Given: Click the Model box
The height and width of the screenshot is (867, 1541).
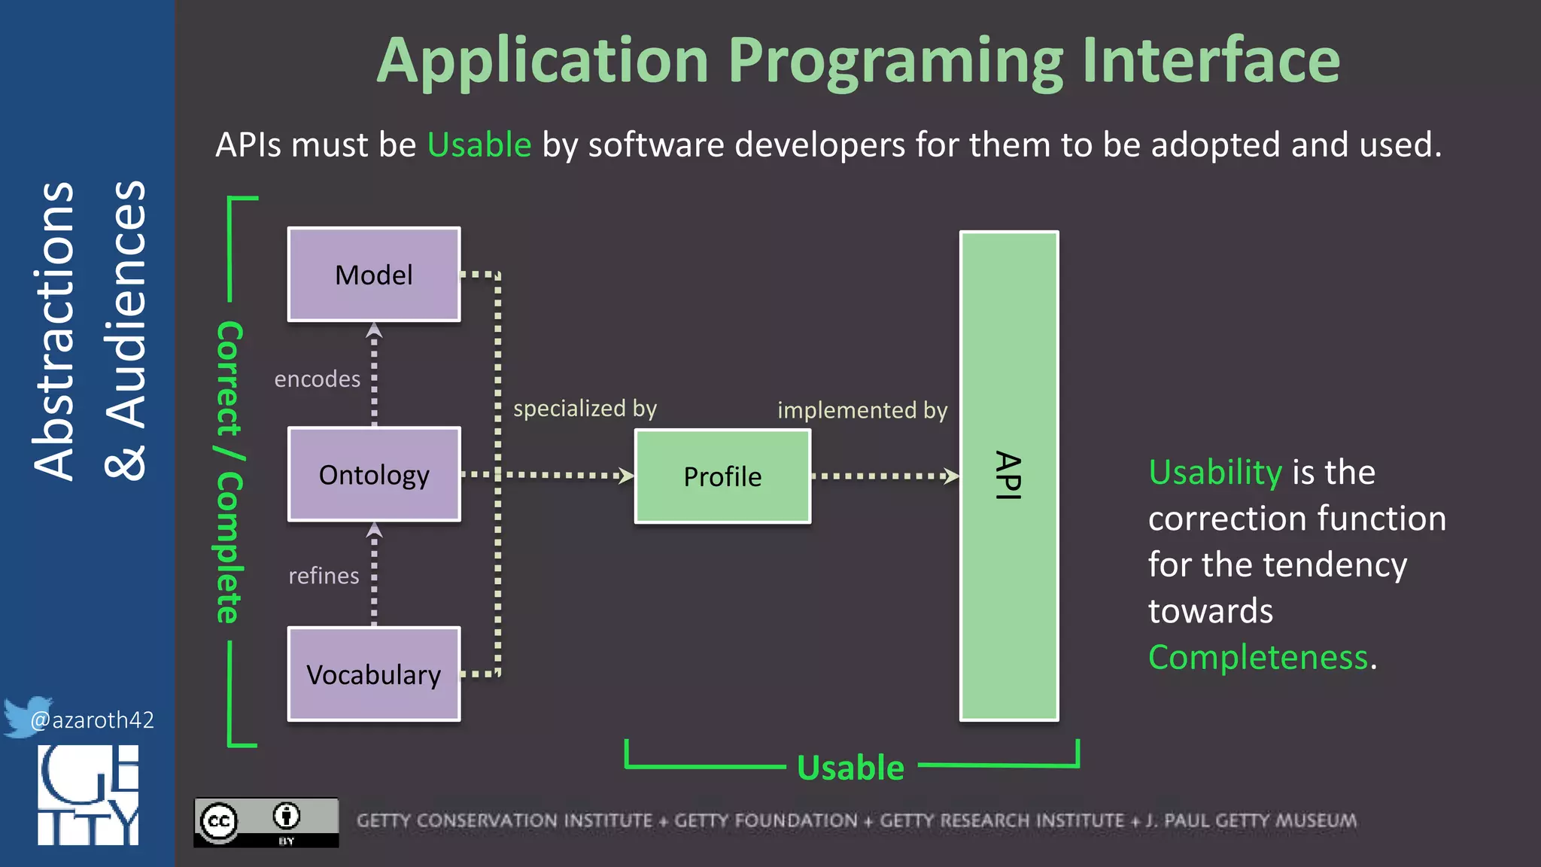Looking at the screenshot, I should pos(374,275).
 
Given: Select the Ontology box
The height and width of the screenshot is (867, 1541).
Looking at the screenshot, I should pos(374,474).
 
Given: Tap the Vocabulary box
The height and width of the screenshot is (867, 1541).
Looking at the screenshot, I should pos(374,674).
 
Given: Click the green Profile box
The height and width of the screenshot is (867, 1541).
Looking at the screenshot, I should pos(722,476).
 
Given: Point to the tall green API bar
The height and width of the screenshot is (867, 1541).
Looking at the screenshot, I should pos(1009,476).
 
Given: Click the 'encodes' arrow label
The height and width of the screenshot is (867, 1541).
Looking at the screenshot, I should pos(317,379).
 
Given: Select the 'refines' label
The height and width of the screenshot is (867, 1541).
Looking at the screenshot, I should pos(324,576).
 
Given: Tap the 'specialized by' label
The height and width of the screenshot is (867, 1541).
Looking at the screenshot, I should pos(585,408).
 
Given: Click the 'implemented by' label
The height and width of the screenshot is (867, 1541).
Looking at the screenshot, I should pos(862,410).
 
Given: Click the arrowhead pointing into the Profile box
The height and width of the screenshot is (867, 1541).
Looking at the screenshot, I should pos(626,476).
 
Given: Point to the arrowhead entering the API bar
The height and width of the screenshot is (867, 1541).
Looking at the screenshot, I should pos(952,476).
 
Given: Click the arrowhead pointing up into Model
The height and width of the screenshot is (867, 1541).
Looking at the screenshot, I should pos(374,330).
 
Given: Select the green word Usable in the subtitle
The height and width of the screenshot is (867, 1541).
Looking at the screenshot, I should pos(479,144).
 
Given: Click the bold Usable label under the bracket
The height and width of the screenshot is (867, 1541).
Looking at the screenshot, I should pos(850,768).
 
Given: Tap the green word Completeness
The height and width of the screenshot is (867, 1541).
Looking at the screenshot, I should pos(1258,657).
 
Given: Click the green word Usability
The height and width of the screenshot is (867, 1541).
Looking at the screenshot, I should pos(1215,473).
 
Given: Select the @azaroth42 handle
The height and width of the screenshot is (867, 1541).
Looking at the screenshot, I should pos(93,720).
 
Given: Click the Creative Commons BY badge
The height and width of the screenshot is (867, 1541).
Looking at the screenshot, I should pos(266,822).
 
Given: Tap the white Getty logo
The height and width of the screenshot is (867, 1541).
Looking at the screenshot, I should pos(88,795).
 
